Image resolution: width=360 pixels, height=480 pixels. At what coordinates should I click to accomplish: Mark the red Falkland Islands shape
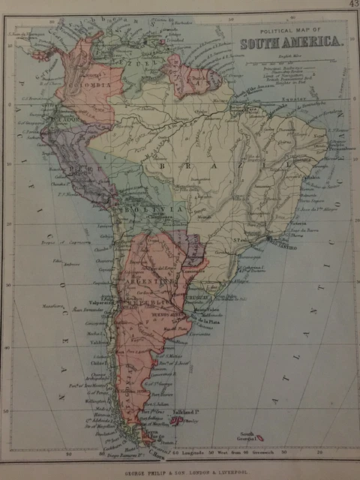click(x=177, y=421)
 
